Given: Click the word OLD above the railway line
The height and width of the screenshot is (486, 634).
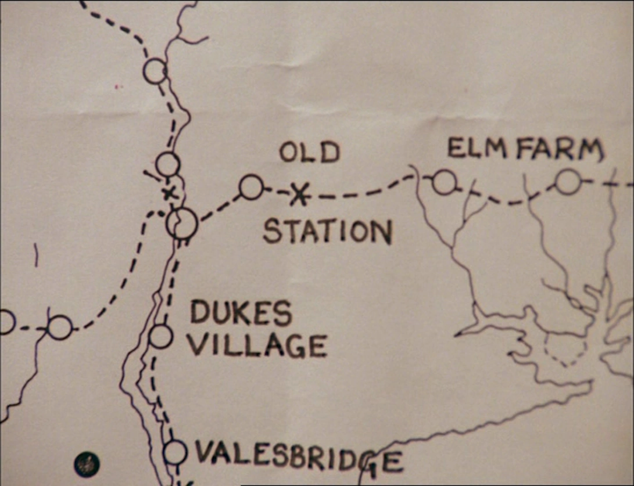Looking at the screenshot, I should (309, 152).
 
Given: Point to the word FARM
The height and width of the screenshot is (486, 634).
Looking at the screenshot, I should (558, 150).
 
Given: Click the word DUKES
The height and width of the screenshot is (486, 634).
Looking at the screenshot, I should (241, 314).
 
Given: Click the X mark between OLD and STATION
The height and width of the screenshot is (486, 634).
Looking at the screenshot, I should (299, 195).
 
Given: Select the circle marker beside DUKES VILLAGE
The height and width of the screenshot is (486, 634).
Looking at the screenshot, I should (160, 336).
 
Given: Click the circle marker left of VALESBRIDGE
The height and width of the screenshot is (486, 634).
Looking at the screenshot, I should (175, 452).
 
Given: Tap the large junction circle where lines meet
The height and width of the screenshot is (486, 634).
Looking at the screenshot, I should (182, 223).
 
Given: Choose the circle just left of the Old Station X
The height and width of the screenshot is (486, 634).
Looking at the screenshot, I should (251, 187).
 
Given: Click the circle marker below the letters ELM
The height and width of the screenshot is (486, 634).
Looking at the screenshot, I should (444, 182).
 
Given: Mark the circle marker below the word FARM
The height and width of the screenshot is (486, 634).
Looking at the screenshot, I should (568, 182).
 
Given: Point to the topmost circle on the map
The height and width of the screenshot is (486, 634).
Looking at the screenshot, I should (155, 71).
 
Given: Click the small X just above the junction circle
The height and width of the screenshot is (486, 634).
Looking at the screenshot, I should (169, 193).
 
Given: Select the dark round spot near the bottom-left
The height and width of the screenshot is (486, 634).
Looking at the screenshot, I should (87, 464).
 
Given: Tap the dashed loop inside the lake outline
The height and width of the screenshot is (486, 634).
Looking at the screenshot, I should (565, 351).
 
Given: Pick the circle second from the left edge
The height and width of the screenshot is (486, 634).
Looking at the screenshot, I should (60, 327).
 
